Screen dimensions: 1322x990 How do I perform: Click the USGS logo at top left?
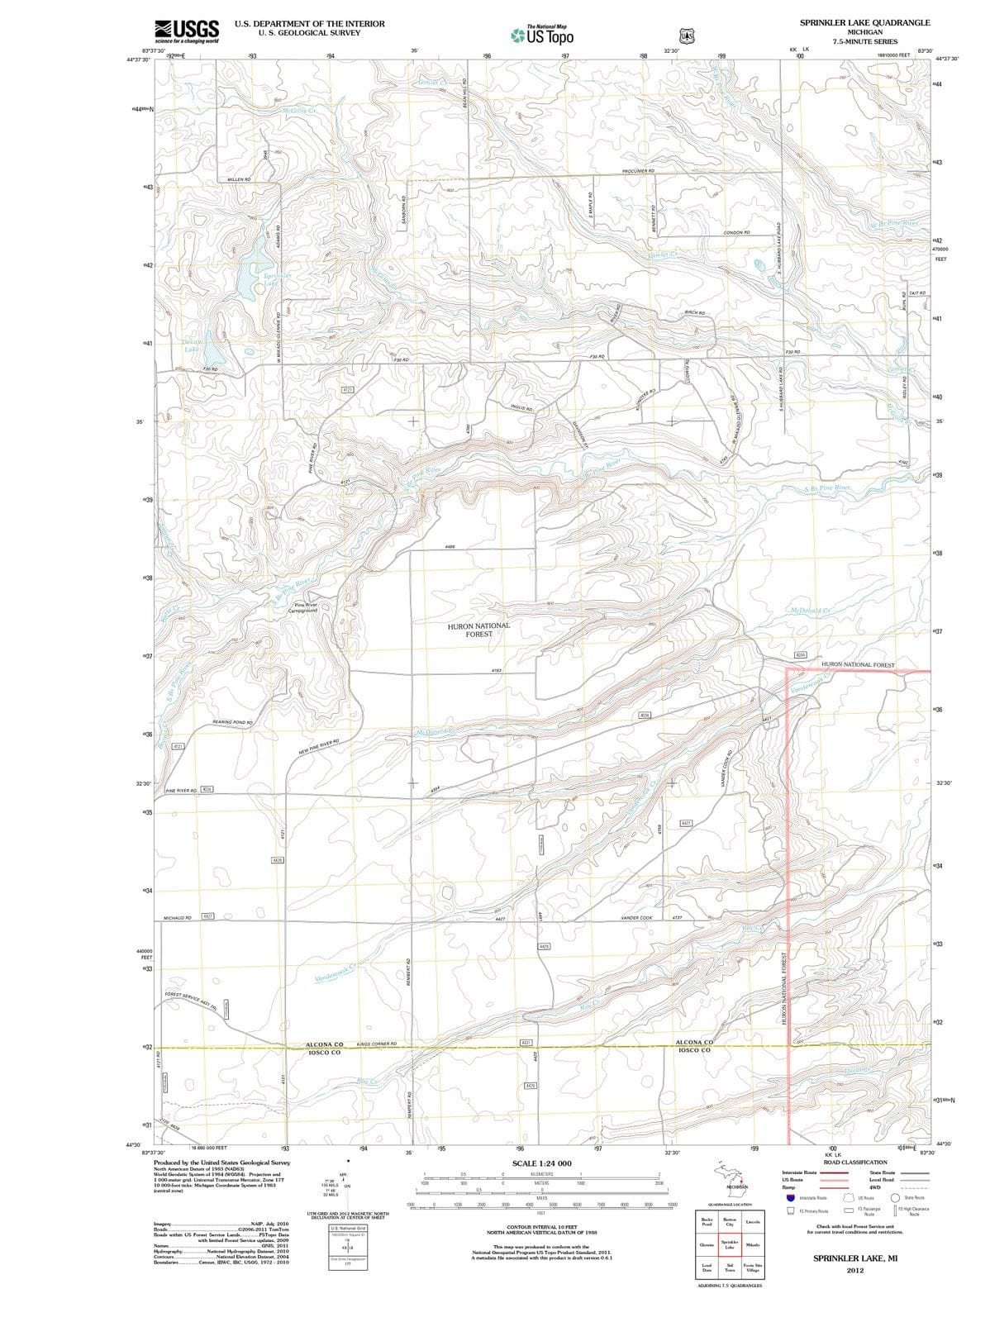click(x=187, y=31)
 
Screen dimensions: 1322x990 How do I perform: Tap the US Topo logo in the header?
click(x=541, y=36)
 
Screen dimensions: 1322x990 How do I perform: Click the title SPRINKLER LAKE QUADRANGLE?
click(x=864, y=22)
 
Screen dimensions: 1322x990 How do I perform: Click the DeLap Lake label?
click(x=191, y=345)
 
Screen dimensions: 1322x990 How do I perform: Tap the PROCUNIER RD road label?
click(x=638, y=171)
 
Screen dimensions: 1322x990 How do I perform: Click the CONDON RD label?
click(x=735, y=233)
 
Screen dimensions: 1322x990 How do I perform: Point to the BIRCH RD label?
click(x=693, y=313)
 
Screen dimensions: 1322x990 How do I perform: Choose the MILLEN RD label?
click(x=239, y=178)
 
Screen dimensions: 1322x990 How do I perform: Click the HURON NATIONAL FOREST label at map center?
click(x=478, y=630)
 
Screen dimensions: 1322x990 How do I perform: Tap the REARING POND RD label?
click(x=232, y=722)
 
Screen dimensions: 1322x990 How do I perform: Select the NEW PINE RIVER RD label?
click(x=319, y=747)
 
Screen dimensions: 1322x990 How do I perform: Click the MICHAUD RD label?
click(x=177, y=917)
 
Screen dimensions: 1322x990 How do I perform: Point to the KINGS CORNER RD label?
click(x=377, y=1044)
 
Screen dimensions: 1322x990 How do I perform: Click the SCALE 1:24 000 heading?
click(x=541, y=1163)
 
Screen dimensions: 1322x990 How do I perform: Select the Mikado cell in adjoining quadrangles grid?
click(x=753, y=1244)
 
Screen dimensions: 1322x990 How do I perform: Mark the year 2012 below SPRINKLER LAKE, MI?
click(x=854, y=1271)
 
